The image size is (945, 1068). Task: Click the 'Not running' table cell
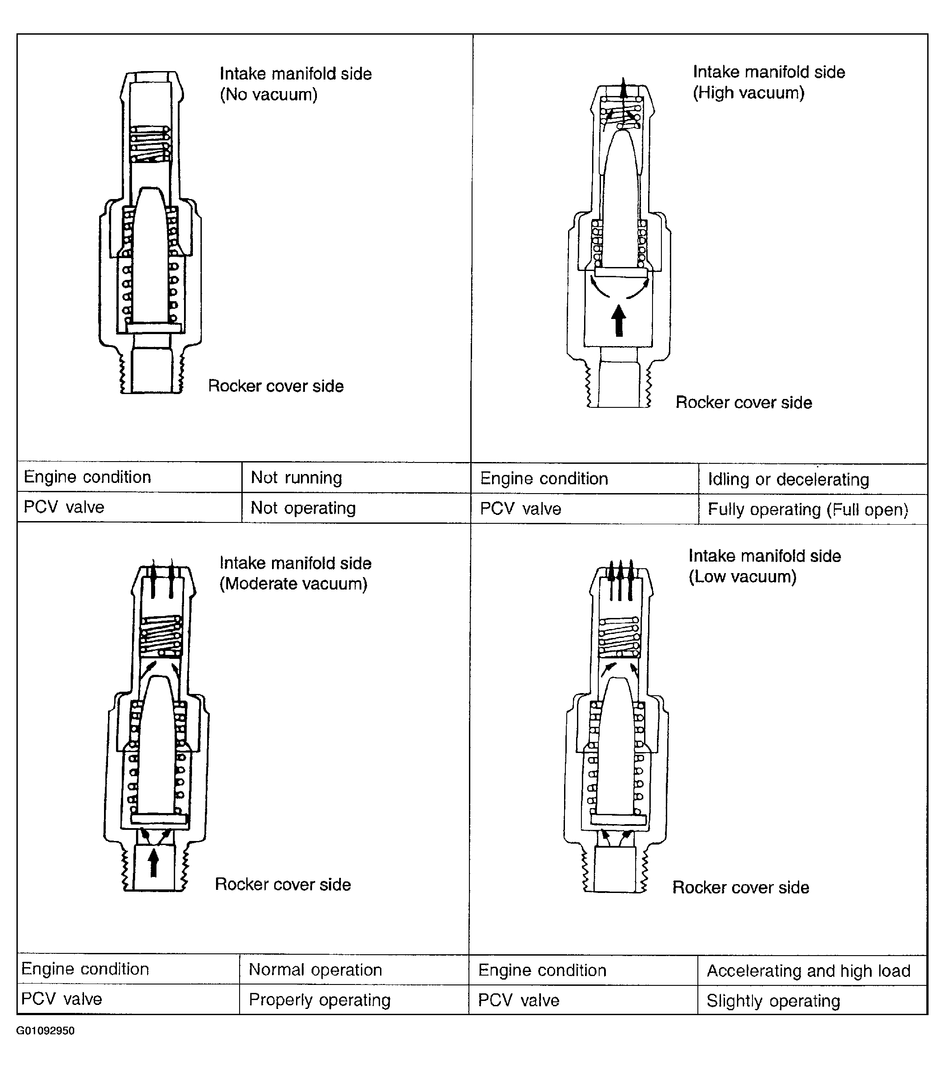[x=356, y=477]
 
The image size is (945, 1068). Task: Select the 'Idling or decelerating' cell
[x=813, y=478]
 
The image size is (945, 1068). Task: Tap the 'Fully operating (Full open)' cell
[x=813, y=509]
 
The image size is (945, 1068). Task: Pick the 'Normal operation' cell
[x=354, y=969]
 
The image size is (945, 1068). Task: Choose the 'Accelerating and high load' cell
[x=812, y=970]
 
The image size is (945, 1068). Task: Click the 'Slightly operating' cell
[x=812, y=1000]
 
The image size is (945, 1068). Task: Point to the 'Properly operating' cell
[x=354, y=1000]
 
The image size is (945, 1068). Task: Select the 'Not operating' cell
[x=356, y=507]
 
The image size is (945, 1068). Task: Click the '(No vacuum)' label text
[x=268, y=95]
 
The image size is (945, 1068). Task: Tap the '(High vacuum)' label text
[x=749, y=93]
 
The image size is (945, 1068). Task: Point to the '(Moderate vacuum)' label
[x=293, y=584]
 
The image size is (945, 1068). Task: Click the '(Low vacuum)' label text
[x=742, y=577]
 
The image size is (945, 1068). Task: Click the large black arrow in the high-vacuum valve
[x=619, y=320]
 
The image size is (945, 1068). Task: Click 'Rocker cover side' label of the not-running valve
[x=276, y=386]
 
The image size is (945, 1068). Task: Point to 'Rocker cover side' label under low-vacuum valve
[x=741, y=887]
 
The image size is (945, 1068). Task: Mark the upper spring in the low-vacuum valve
[x=619, y=637]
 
